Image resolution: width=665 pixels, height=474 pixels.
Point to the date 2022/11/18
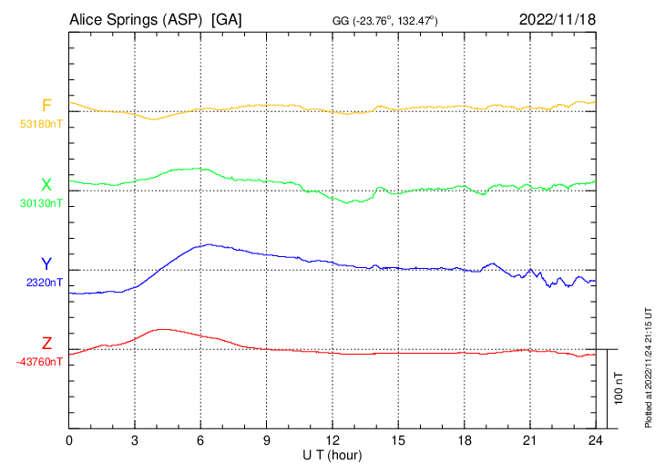coord(557,19)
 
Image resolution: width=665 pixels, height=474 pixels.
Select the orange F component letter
coord(46,106)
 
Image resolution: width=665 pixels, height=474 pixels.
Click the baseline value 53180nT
coord(41,123)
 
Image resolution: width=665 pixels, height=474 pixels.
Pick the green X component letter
coord(46,185)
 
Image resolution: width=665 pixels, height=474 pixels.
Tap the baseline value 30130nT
coord(41,202)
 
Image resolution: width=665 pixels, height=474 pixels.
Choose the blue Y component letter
coord(46,264)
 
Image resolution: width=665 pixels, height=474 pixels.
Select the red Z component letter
coord(46,344)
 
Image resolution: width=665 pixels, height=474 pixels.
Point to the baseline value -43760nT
coord(39,361)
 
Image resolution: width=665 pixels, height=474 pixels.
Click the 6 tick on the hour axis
coord(201,439)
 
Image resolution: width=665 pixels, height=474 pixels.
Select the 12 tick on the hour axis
coord(332,439)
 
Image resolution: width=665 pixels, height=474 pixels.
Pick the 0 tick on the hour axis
coord(70,439)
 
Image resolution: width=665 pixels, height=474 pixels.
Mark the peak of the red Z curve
coord(163,328)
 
